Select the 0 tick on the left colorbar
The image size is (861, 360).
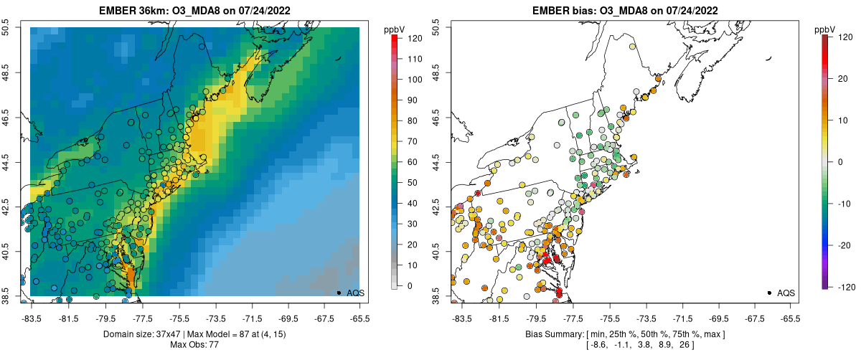click(410, 285)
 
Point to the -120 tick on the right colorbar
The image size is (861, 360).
click(840, 286)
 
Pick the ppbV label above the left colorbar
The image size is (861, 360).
click(395, 29)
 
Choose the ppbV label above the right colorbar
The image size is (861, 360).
click(825, 29)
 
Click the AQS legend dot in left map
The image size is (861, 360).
click(339, 293)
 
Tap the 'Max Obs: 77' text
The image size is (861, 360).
click(194, 345)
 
